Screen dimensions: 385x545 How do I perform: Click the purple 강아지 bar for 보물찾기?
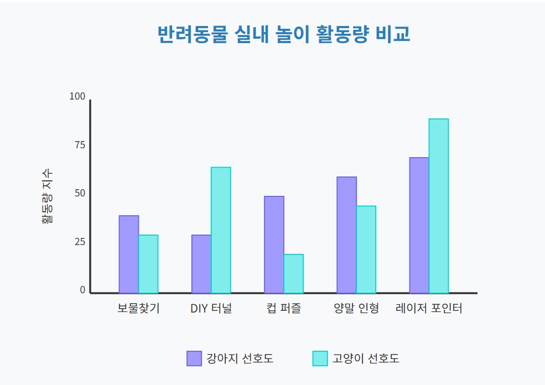click(x=128, y=254)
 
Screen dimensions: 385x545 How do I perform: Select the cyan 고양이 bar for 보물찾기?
click(x=148, y=264)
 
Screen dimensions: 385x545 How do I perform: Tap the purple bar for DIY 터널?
click(x=201, y=264)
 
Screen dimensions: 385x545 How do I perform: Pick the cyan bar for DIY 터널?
click(x=221, y=230)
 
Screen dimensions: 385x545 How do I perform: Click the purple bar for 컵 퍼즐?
click(x=274, y=244)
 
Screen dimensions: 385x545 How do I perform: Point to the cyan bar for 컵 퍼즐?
click(x=293, y=274)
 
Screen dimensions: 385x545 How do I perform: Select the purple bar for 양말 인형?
click(x=346, y=235)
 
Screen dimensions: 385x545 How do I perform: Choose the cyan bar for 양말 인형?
click(x=366, y=249)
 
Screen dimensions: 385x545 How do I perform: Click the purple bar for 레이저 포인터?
click(x=419, y=225)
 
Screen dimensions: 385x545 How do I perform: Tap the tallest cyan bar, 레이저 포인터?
click(x=439, y=206)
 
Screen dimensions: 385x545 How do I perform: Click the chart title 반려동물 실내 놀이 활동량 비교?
click(x=284, y=34)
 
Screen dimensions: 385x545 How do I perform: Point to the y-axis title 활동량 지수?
click(x=47, y=196)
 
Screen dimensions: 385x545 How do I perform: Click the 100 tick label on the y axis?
click(x=77, y=97)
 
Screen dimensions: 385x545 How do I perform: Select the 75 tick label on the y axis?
click(x=80, y=145)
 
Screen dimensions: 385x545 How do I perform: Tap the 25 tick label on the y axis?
click(x=80, y=242)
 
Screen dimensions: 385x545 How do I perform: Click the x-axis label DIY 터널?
click(x=211, y=309)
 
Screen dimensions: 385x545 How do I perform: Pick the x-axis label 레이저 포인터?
click(x=429, y=309)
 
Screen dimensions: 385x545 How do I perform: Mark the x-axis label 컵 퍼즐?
click(x=283, y=309)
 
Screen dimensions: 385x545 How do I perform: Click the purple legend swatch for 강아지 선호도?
click(x=194, y=358)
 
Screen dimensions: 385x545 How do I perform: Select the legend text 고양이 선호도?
click(x=366, y=358)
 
